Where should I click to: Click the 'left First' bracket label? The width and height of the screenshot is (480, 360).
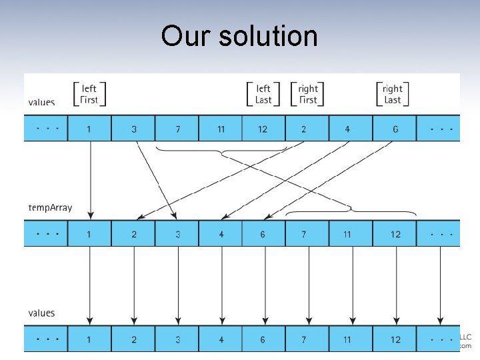point(89,94)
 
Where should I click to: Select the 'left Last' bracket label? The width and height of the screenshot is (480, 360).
point(263,94)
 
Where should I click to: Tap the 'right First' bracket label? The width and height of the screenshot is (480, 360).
point(308,94)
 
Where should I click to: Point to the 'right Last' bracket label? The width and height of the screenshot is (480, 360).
point(393,94)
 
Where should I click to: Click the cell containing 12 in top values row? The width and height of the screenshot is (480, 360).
point(263,129)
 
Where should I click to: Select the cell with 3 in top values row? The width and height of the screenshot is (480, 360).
point(133,129)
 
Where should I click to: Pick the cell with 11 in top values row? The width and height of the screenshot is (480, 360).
point(221,129)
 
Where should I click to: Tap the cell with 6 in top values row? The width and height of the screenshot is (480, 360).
point(395,129)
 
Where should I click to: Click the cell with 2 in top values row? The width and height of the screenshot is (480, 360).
point(304,129)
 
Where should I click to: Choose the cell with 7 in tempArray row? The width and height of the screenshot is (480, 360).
point(304,234)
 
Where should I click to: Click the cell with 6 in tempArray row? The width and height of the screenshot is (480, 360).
point(263,234)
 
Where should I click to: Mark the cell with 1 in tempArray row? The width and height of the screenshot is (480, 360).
point(89,234)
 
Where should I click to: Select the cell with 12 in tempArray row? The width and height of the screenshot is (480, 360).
point(395,234)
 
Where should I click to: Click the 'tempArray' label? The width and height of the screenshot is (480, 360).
point(50,207)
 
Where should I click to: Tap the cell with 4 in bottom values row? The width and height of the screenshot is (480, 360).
point(221,339)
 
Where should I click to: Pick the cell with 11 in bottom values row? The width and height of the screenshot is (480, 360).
point(347,339)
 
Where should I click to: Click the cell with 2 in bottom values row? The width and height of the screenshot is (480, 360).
point(133,339)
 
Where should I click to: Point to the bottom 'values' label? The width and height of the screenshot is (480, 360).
point(41,313)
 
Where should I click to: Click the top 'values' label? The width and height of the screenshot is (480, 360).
point(41,102)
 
